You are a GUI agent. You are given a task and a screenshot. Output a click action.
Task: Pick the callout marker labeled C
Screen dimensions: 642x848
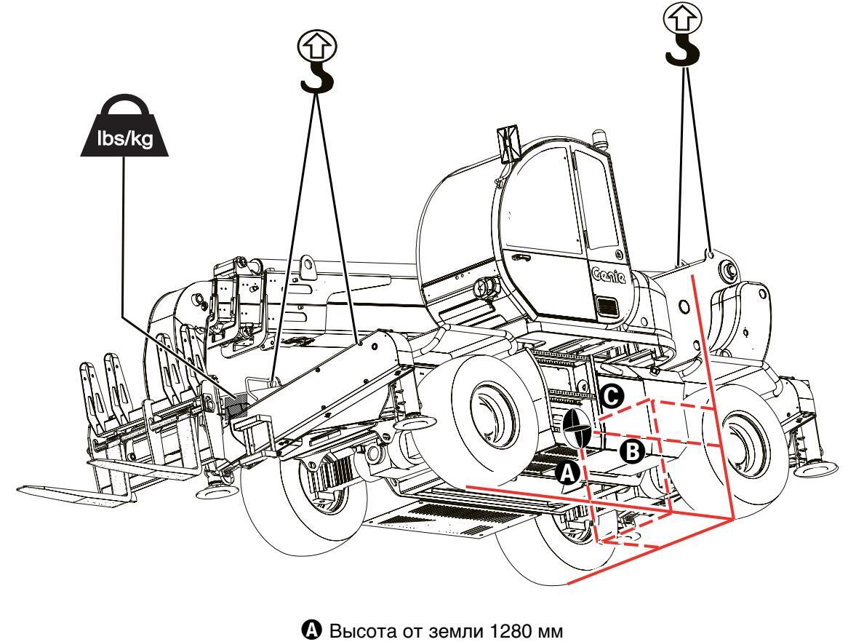pyautogui.click(x=612, y=394)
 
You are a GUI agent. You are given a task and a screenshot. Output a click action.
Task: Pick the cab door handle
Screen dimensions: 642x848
pyautogui.click(x=521, y=257)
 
